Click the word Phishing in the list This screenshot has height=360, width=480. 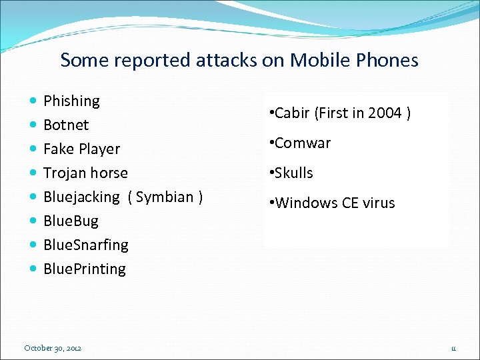71,101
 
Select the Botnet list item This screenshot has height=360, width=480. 66,125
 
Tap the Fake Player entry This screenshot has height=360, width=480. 81,149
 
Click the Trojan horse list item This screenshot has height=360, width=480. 85,173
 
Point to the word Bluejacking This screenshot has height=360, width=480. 81,197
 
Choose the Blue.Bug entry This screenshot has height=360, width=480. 71,221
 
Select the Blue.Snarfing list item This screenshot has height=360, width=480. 85,245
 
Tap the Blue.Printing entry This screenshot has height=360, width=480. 84,269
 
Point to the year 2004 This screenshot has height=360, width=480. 385,113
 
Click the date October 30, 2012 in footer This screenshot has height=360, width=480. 53,348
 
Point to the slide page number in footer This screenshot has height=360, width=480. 453,348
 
